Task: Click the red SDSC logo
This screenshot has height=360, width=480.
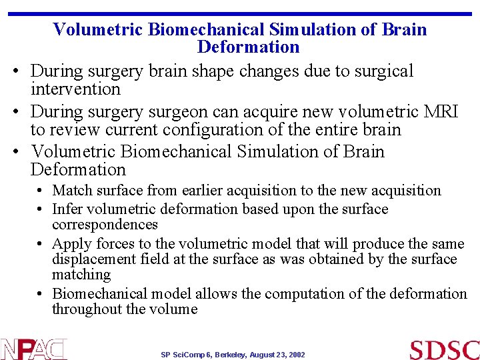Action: coord(444,350)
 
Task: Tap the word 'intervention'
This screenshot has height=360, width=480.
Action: coord(75,89)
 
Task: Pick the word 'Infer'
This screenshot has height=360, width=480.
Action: coord(67,209)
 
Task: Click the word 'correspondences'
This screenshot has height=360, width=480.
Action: coord(105,225)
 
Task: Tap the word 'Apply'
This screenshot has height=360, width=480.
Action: coord(70,243)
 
